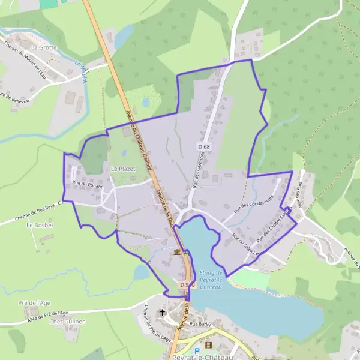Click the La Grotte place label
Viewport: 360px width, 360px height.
[x=43, y=46]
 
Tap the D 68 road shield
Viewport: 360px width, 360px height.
[x=203, y=146]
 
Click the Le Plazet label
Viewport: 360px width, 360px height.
[x=122, y=169]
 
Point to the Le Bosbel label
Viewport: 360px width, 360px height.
[x=37, y=225]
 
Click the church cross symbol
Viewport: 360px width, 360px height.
[x=164, y=313]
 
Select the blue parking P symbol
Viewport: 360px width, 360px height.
[x=196, y=351]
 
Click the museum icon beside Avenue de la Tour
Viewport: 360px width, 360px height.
[x=176, y=253]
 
